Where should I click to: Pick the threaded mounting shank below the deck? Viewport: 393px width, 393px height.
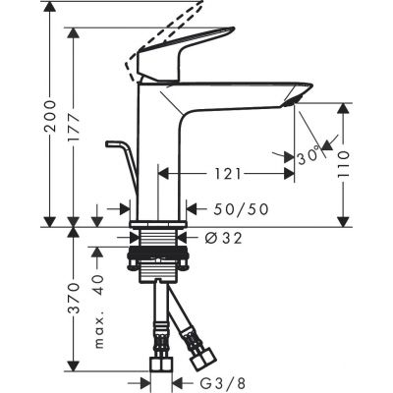(159, 250)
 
